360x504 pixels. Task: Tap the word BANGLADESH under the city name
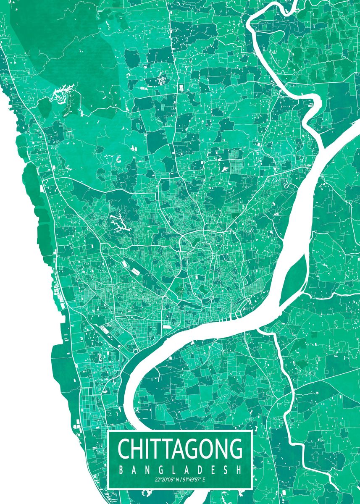[180, 470]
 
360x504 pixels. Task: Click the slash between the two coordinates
[179, 479]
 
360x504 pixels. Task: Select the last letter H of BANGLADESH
[239, 470]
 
